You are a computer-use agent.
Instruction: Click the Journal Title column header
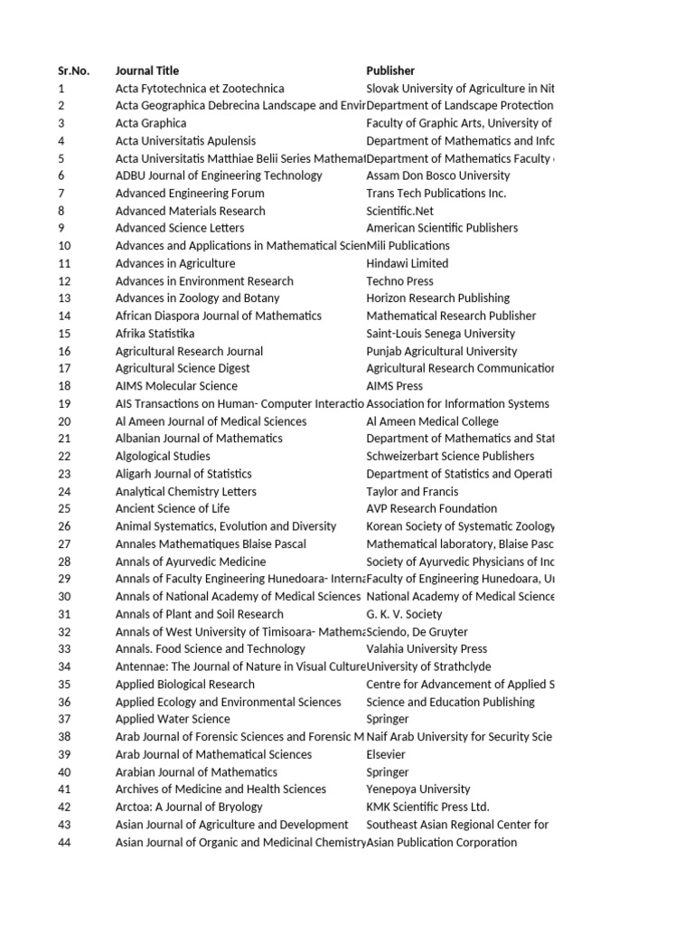coord(147,71)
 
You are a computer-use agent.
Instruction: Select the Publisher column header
coord(390,71)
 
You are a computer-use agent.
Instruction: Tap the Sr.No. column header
coord(73,71)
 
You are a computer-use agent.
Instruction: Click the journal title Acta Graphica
coord(151,123)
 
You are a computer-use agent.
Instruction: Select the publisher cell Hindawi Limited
coord(407,263)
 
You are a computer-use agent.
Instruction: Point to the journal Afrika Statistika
coord(155,334)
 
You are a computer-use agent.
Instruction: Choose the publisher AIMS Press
coord(394,386)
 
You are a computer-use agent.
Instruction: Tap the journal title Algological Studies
coord(163,456)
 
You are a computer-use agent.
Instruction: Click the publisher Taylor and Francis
coord(406,491)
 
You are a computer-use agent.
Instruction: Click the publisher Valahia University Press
coord(427,648)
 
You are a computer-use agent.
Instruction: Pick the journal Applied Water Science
coord(173,719)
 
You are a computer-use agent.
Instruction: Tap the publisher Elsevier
coord(386,754)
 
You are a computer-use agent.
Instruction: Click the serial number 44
coord(64,842)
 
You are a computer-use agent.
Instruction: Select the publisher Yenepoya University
coord(418,789)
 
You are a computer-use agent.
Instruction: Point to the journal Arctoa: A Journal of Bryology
coord(189,807)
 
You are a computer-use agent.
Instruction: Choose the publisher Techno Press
coord(401,281)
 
